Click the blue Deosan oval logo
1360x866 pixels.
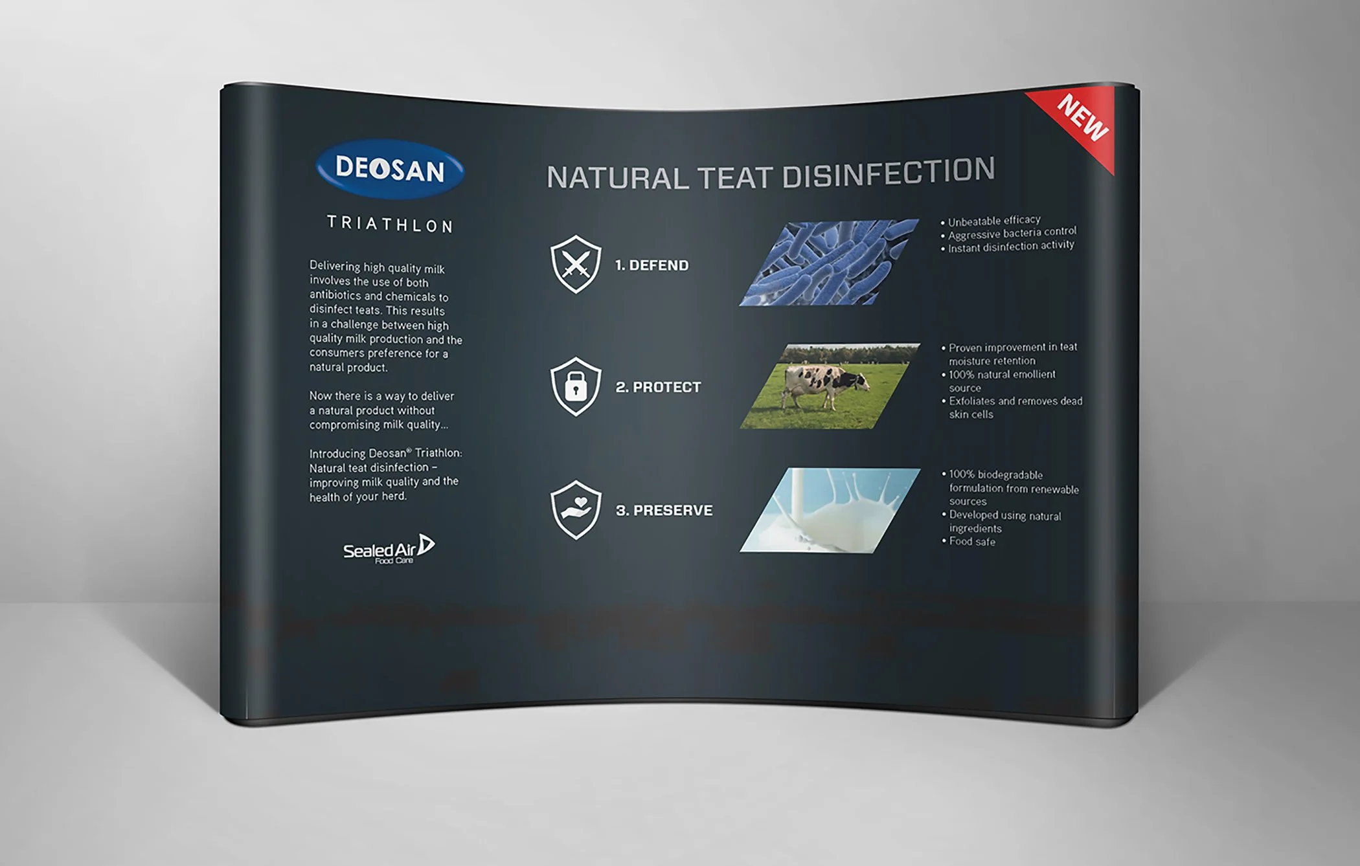390,170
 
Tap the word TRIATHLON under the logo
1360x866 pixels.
390,224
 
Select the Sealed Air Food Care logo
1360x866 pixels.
389,550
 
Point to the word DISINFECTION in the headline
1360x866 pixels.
889,173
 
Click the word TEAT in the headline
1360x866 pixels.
734,177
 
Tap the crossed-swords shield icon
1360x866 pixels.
575,263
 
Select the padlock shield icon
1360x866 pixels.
575,386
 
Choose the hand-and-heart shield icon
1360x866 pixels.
575,509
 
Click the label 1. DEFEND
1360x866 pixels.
652,265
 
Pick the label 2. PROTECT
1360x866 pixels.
658,387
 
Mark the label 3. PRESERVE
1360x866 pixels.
664,510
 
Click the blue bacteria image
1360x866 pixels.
829,262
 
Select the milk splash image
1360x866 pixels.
829,510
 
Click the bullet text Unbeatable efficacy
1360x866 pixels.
993,221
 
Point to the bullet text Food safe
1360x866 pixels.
971,541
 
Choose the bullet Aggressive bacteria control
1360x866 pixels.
1012,232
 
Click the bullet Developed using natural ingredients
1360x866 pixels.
1004,522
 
